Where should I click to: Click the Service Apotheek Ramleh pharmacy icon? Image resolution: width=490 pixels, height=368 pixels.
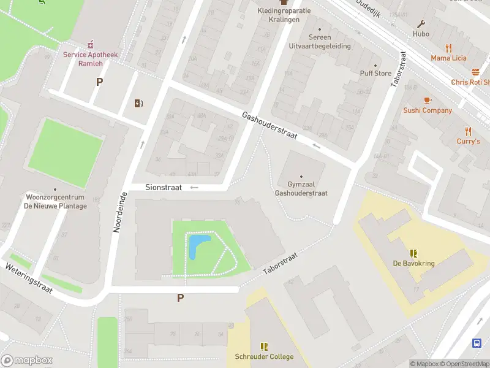[91, 44]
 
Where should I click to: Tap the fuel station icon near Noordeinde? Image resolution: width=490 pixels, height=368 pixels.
[139, 103]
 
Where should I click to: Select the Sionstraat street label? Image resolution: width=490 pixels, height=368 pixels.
[164, 188]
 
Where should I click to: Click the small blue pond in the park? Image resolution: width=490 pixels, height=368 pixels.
[198, 247]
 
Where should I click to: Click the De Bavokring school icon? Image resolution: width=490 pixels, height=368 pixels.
[414, 253]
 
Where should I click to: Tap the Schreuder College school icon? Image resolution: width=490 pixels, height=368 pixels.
[264, 347]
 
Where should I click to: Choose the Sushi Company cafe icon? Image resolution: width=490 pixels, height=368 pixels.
[428, 100]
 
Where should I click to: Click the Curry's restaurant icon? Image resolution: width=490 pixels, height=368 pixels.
[469, 131]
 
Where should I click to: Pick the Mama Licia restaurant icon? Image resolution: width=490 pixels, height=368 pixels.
[448, 48]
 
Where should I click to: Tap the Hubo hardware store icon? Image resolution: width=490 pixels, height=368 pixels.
[421, 25]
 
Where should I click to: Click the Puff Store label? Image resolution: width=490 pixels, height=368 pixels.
[375, 74]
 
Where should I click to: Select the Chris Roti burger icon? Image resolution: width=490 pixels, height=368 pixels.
[476, 72]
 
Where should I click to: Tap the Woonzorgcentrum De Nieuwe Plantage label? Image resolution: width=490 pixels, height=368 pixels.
[56, 202]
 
